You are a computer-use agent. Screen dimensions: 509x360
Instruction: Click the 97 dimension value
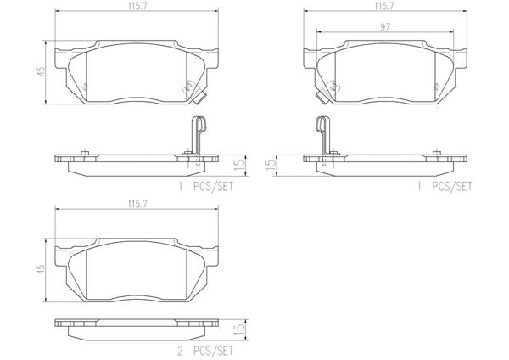tap(384, 27)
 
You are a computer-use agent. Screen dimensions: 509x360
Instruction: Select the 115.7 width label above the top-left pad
tap(137, 6)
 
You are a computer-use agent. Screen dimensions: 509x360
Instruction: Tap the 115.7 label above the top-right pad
tap(384, 6)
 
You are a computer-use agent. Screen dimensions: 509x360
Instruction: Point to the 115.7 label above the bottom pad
tap(137, 204)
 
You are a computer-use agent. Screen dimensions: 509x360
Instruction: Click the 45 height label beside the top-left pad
tap(41, 72)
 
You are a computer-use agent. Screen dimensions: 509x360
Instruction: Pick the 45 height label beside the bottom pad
tap(41, 269)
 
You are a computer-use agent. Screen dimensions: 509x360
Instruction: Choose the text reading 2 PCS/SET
tap(205, 351)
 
